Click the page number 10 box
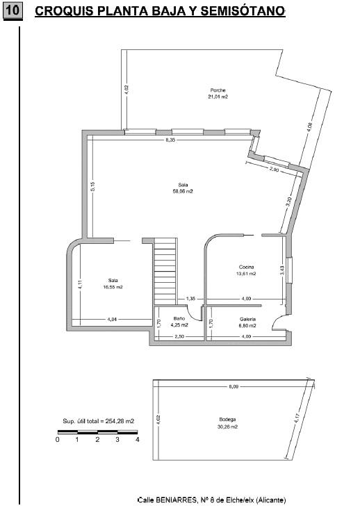click(13, 10)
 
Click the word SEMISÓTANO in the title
click(243, 11)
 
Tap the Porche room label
click(218, 90)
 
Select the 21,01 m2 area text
click(218, 97)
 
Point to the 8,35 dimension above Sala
click(170, 140)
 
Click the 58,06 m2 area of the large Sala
click(183, 192)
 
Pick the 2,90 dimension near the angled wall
click(275, 170)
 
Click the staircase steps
click(165, 272)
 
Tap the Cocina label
click(246, 267)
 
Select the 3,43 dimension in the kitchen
click(282, 271)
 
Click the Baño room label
click(179, 318)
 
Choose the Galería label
click(247, 319)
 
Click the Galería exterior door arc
click(277, 320)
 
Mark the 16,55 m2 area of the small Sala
click(113, 287)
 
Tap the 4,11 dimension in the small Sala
click(80, 284)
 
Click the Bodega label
click(227, 420)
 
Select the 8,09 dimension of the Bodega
click(234, 387)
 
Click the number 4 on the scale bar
click(138, 439)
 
